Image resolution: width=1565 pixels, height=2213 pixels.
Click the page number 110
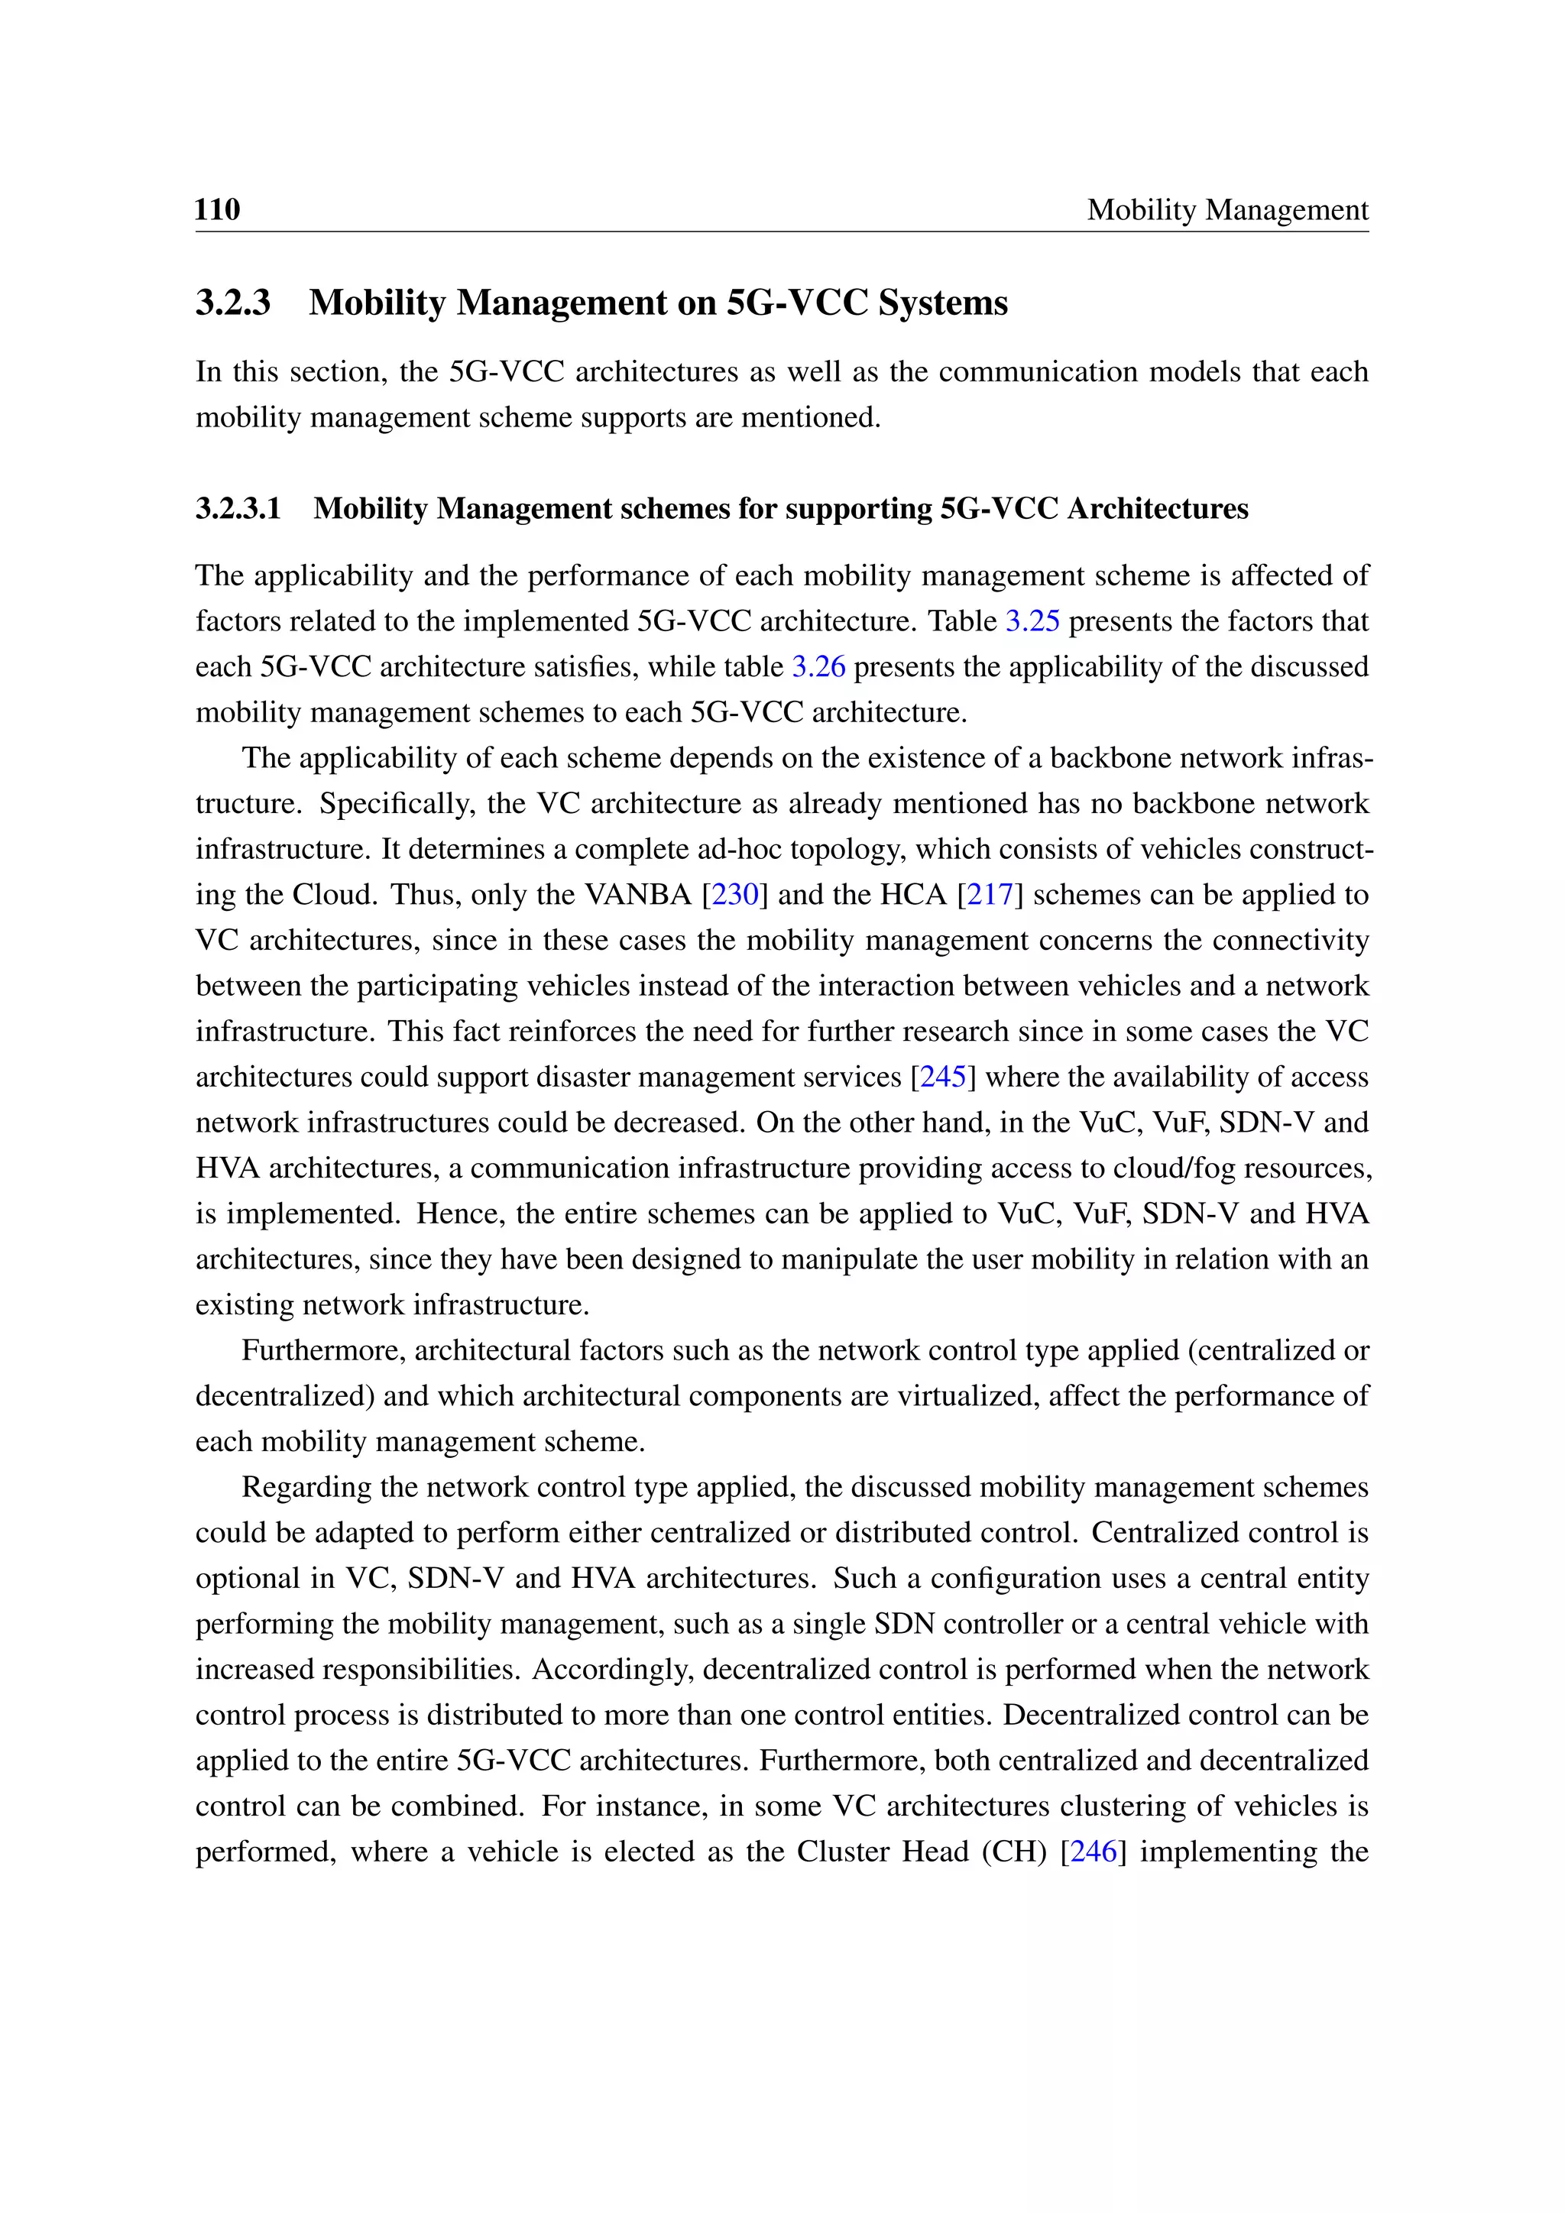[217, 209]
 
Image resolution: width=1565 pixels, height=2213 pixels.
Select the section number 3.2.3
[233, 303]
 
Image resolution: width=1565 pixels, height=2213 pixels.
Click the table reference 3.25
[1032, 620]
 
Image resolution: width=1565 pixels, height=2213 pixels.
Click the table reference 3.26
[818, 666]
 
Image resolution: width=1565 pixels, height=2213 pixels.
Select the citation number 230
[734, 895]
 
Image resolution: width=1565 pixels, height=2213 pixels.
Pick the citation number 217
[990, 895]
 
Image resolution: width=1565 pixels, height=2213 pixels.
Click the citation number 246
[1093, 1852]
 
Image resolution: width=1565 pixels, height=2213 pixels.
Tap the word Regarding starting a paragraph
[306, 1487]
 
